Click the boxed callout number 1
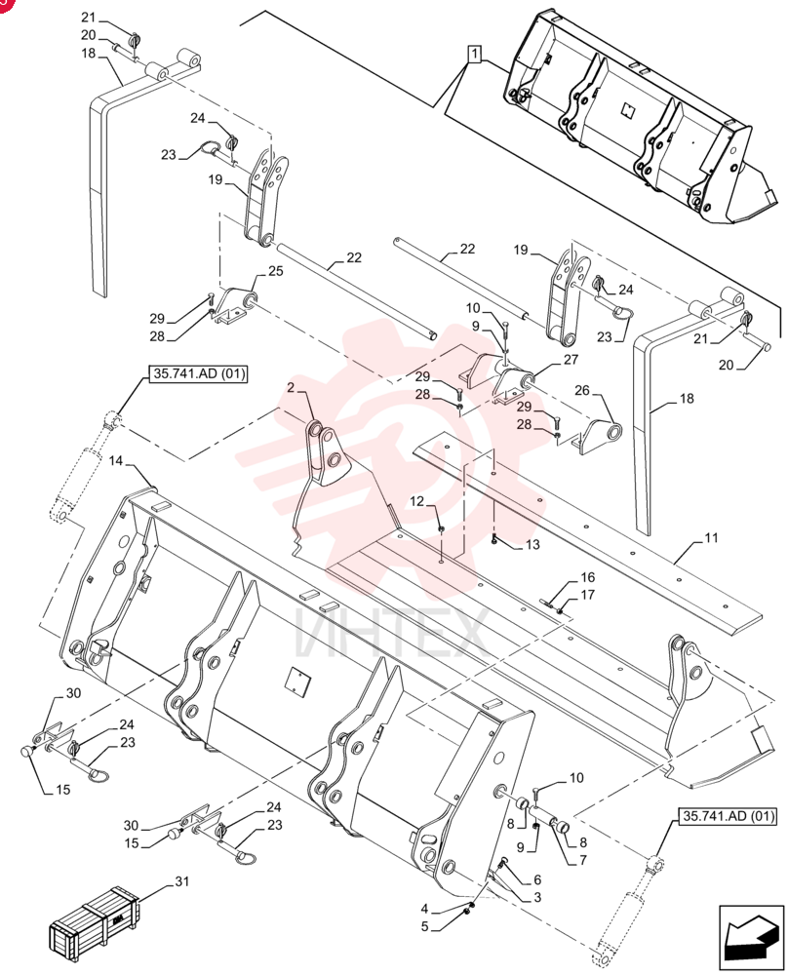pyautogui.click(x=475, y=55)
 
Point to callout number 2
pyautogui.click(x=291, y=388)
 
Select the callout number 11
pyautogui.click(x=711, y=536)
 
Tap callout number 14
pyautogui.click(x=116, y=461)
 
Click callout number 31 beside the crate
pyautogui.click(x=181, y=880)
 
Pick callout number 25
pyautogui.click(x=276, y=271)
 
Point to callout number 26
pyautogui.click(x=581, y=390)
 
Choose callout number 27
pyautogui.click(x=571, y=359)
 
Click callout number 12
pyautogui.click(x=416, y=500)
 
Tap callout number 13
pyautogui.click(x=532, y=545)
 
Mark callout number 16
pyautogui.click(x=587, y=577)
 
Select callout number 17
pyautogui.click(x=587, y=595)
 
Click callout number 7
pyautogui.click(x=583, y=860)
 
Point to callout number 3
pyautogui.click(x=536, y=897)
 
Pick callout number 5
pyautogui.click(x=425, y=926)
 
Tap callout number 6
pyautogui.click(x=536, y=879)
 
